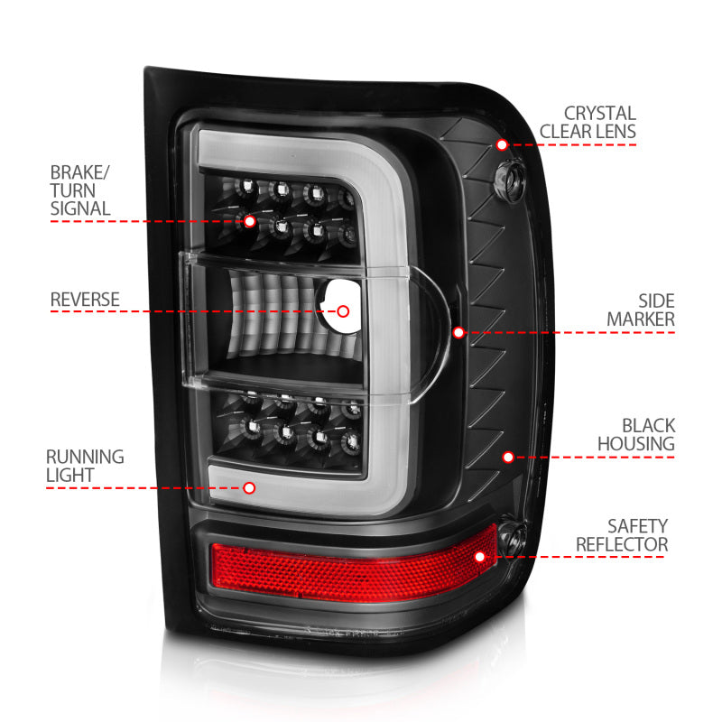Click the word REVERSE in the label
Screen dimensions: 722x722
[85, 300]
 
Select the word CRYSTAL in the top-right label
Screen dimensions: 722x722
[600, 114]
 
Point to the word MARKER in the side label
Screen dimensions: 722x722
[641, 319]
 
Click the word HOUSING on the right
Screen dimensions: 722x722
[635, 443]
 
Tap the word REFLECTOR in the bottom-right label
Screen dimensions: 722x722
[622, 544]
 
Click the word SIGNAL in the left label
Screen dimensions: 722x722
[80, 208]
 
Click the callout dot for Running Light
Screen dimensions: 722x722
[249, 487]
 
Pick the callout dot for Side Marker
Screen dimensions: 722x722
[458, 332]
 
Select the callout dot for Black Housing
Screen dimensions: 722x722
[508, 457]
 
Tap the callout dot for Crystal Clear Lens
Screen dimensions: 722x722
[502, 144]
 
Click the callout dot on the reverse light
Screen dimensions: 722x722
[343, 311]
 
